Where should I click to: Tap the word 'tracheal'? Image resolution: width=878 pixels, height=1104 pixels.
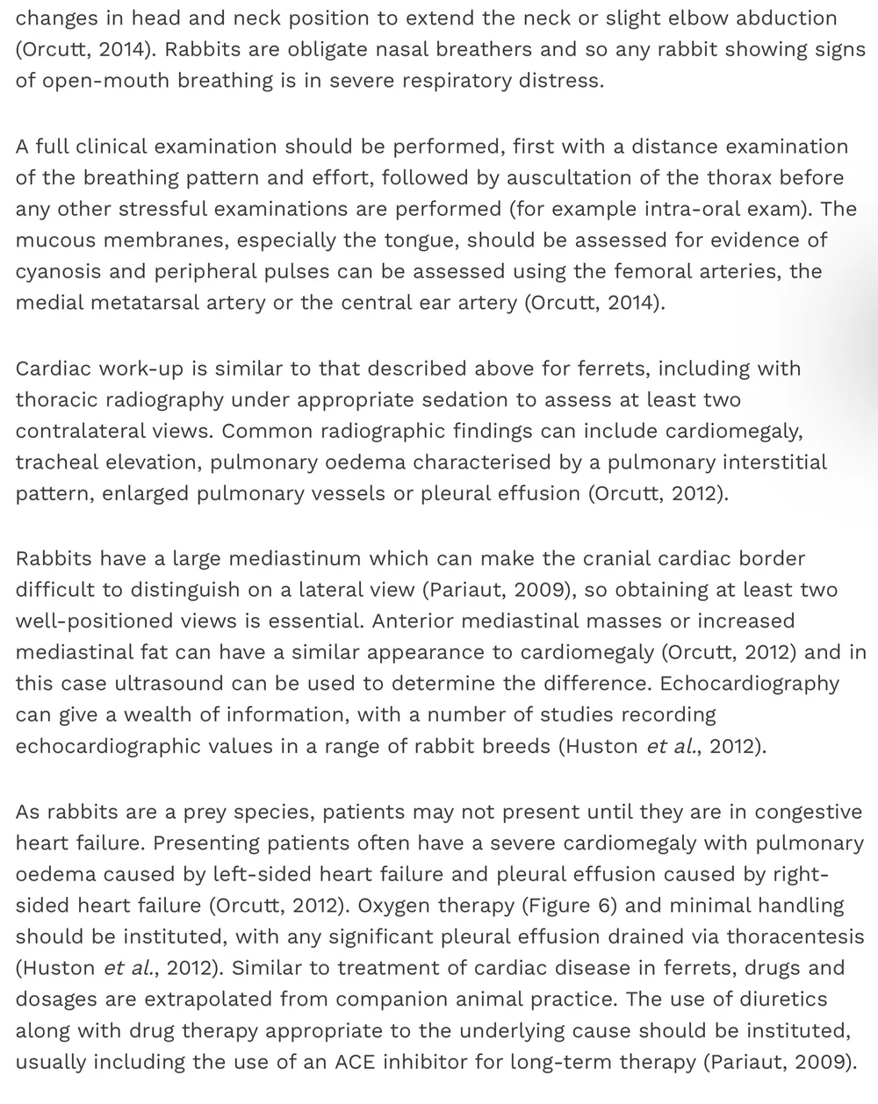pyautogui.click(x=58, y=462)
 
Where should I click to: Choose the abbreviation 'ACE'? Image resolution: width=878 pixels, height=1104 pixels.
pyautogui.click(x=356, y=1061)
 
